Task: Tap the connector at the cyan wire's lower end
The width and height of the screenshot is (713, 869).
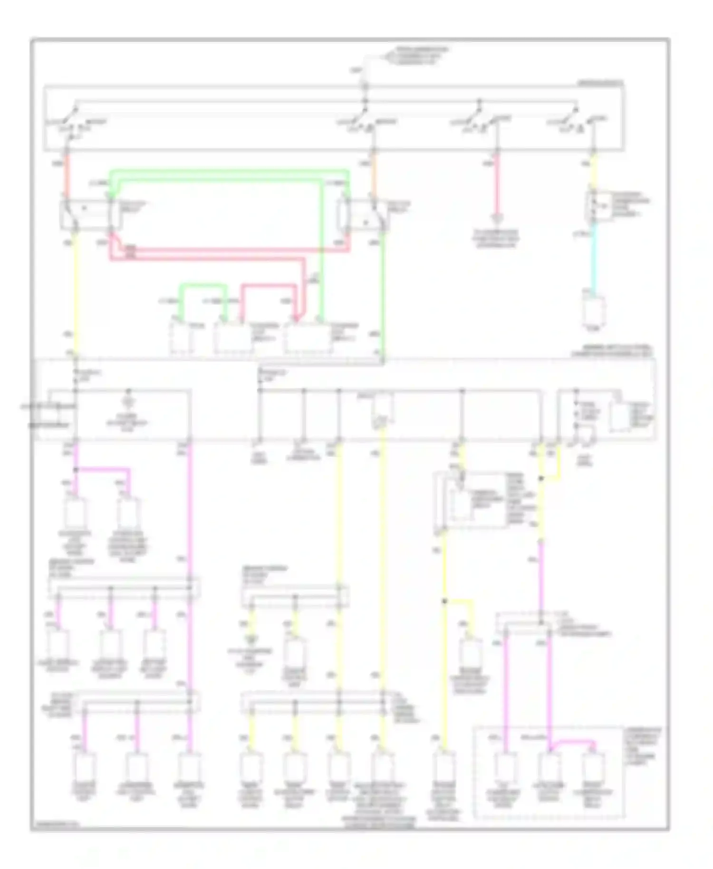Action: click(x=594, y=311)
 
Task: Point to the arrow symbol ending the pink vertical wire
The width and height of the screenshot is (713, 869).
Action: click(x=496, y=220)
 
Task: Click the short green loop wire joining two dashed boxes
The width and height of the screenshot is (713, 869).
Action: click(x=202, y=286)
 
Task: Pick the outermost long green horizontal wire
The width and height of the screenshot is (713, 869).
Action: click(x=228, y=171)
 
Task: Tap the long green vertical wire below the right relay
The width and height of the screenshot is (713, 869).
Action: click(x=383, y=295)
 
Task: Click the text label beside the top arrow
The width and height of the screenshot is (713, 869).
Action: click(x=417, y=56)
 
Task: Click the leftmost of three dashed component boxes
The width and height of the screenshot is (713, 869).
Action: click(x=182, y=338)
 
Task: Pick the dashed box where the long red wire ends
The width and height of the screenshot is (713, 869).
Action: click(x=308, y=338)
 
